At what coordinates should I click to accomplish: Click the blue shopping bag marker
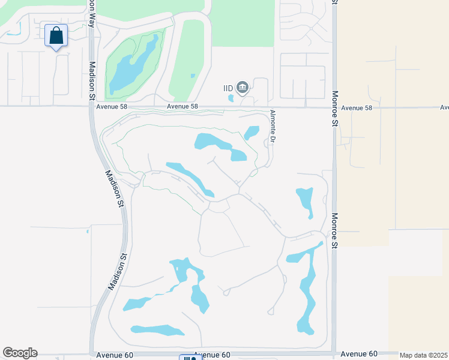pos(56,35)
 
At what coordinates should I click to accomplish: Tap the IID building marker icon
pos(243,88)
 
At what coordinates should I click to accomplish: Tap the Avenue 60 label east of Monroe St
pos(359,355)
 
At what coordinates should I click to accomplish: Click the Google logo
pos(20,353)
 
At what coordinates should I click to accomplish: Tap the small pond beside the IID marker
pos(231,98)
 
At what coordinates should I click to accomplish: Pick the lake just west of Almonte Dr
pos(251,132)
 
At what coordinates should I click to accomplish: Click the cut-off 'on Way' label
pos(91,7)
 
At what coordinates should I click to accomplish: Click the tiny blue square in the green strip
pos(192,76)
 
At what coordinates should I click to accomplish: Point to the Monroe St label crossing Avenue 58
pos(335,108)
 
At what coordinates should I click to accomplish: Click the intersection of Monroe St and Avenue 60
pos(334,353)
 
